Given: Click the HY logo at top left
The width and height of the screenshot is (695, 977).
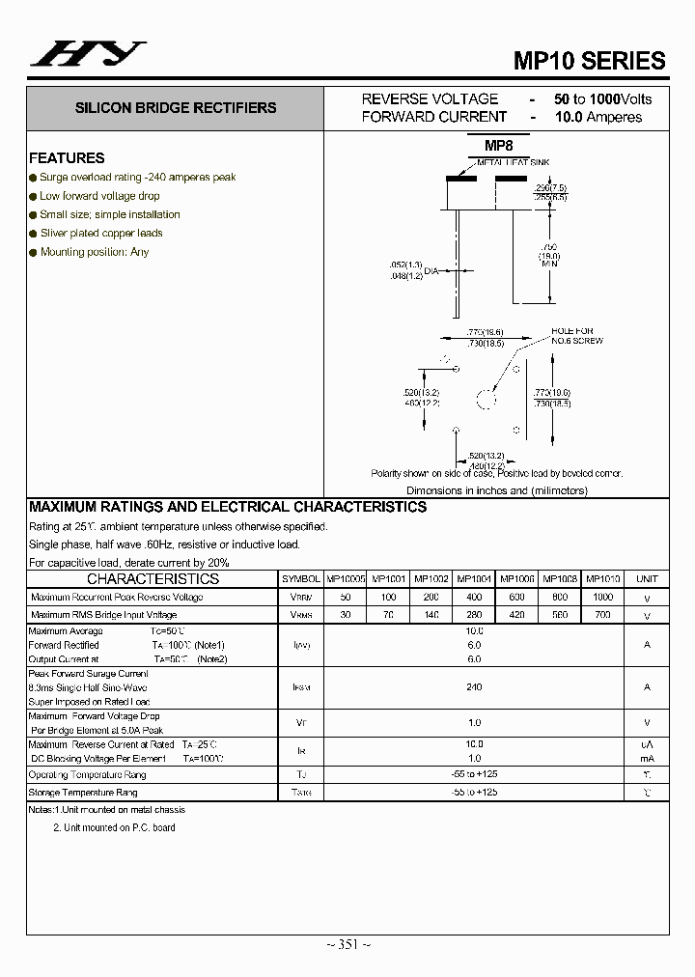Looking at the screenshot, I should point(88,55).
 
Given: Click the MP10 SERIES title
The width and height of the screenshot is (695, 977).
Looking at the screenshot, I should point(589,60).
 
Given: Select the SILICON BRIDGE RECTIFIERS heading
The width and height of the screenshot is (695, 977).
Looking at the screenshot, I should point(176,108).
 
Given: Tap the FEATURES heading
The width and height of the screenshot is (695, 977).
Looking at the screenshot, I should point(67,158).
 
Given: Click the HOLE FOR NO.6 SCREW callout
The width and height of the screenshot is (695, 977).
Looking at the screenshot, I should point(577,335).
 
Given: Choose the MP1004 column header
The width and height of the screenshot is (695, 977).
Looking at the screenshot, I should point(474,579).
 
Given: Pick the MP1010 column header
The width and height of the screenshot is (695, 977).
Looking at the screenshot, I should point(603,579).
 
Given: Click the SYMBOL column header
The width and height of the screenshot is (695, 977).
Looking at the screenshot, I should point(301,579).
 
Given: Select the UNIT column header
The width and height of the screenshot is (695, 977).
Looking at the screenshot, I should point(647,579).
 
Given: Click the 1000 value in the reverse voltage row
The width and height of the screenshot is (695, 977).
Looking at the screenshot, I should point(603,598).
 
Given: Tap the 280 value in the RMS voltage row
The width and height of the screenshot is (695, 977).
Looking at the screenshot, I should point(474,615).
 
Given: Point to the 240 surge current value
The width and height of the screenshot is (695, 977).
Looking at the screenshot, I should point(474,687).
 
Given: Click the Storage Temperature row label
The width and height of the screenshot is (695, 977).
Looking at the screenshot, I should point(83,793).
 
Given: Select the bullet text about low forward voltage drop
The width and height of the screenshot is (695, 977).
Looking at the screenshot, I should point(99,196).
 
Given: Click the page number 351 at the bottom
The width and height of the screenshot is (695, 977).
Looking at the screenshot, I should point(347,943).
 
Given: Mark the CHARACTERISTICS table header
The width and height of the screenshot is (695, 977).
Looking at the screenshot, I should point(153,579).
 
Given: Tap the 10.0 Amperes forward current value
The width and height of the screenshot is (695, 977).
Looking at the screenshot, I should point(598,117).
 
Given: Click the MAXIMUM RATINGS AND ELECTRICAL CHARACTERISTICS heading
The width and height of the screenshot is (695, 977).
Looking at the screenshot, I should point(228,507).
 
